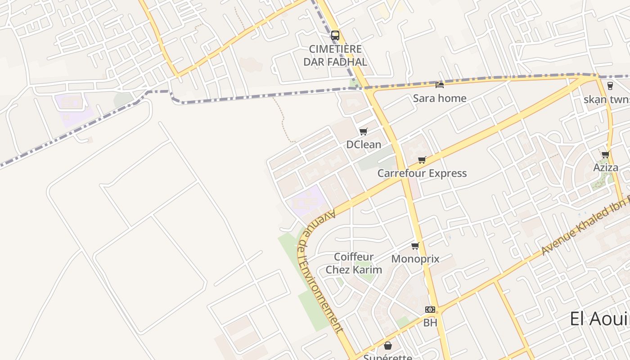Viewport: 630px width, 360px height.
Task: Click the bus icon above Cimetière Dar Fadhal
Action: coord(335,36)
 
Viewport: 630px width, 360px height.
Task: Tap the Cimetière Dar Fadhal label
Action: coord(335,55)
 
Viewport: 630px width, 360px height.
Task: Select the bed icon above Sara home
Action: coord(440,85)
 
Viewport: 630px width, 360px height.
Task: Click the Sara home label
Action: coord(440,98)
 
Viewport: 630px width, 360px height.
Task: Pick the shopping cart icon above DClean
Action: coord(364,131)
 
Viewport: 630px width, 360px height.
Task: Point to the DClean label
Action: coord(364,144)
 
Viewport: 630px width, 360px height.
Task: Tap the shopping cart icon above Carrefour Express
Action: coord(422,160)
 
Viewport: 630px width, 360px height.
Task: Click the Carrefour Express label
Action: coord(422,173)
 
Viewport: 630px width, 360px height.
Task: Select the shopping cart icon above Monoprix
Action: coord(415,246)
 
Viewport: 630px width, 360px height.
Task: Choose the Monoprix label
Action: coord(415,259)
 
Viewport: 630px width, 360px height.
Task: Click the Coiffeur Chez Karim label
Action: coord(354,263)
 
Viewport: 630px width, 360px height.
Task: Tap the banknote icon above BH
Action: coord(430,310)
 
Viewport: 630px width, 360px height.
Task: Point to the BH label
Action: coord(430,323)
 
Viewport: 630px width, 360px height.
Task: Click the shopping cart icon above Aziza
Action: coord(606,154)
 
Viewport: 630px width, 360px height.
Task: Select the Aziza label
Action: coord(606,167)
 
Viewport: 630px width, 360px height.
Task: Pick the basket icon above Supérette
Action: coord(387,346)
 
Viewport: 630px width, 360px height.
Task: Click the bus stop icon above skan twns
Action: coord(610,85)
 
